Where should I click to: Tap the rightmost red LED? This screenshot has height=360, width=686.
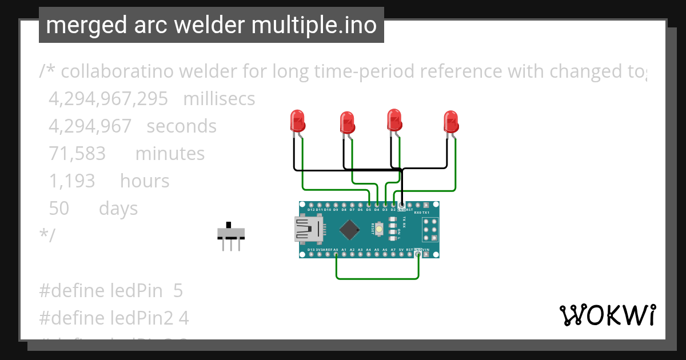(x=451, y=122)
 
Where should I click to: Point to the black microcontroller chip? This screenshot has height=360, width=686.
(x=349, y=230)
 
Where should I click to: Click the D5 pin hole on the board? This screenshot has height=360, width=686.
(x=369, y=205)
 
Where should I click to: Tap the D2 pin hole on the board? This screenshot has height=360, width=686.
(x=393, y=205)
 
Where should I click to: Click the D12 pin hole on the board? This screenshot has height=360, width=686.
(x=311, y=205)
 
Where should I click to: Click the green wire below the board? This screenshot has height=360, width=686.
(x=377, y=278)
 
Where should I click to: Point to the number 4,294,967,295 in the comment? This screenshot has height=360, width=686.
(x=108, y=99)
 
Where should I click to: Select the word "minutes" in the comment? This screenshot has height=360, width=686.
(x=170, y=154)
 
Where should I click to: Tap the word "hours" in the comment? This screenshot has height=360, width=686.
(x=145, y=181)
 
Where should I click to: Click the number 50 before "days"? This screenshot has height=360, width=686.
(x=59, y=209)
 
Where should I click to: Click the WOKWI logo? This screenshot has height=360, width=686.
(x=607, y=315)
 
